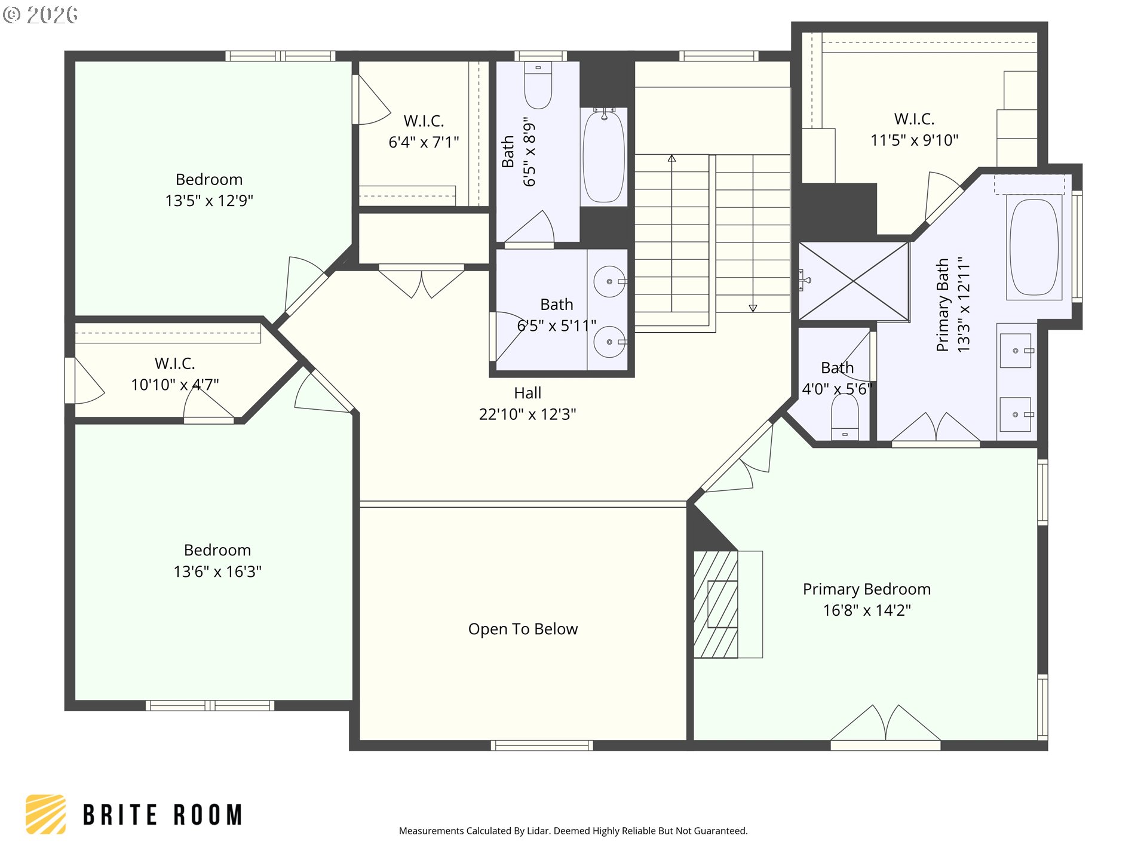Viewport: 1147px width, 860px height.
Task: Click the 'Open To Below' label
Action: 523,629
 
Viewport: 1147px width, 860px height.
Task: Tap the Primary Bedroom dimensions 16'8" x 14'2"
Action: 867,610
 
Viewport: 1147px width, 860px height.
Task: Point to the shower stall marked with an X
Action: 854,281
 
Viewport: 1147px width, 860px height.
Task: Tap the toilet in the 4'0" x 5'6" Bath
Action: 845,416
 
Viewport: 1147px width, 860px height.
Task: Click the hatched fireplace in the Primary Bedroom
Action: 716,604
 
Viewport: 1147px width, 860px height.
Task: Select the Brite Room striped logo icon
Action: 45,814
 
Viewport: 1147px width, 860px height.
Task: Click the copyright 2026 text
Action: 41,15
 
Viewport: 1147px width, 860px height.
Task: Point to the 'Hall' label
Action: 528,393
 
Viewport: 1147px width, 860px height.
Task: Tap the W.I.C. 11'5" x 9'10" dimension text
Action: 914,140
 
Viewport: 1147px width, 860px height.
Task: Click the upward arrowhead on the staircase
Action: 672,159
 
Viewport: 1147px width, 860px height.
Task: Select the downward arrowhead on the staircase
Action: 753,308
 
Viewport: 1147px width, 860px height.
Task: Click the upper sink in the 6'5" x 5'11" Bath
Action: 610,281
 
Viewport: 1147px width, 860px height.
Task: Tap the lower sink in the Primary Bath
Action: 1016,414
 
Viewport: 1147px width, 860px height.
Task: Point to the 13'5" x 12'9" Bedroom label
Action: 209,190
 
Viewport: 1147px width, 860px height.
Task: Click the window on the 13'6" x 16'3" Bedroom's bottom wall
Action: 210,705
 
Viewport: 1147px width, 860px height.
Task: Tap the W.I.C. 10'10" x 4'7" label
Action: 175,374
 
